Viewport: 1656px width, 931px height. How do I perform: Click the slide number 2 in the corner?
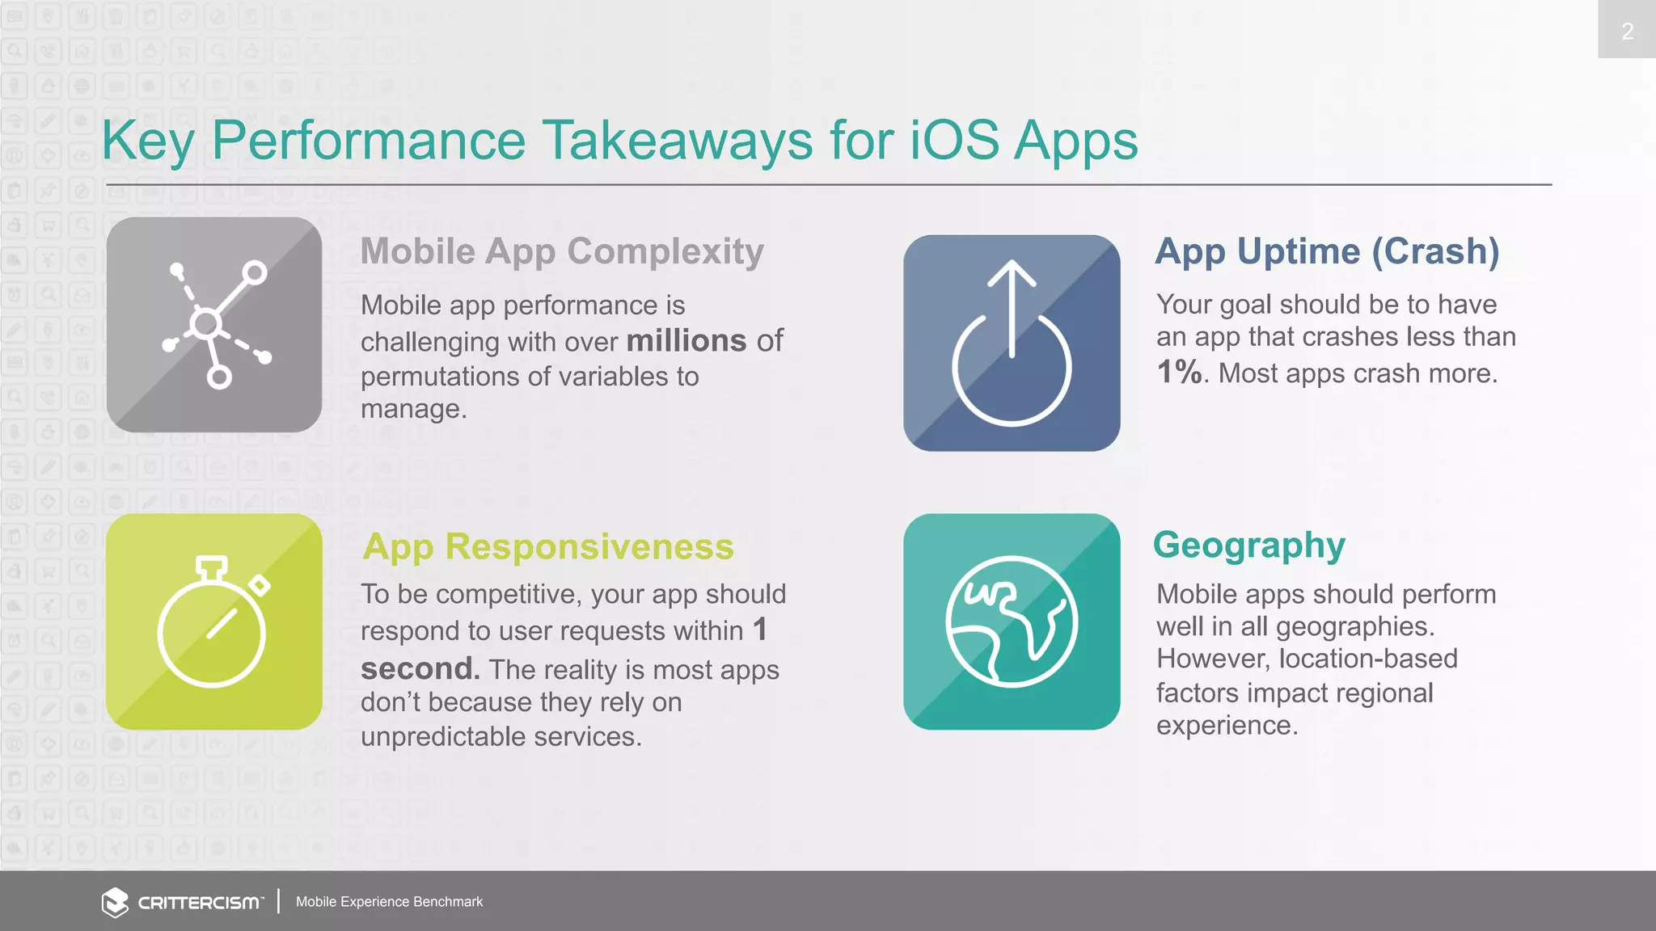tap(1627, 32)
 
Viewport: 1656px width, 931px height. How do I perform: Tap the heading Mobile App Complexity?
tap(562, 251)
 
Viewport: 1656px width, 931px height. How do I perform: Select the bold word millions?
tap(686, 341)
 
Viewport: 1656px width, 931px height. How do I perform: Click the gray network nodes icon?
tap(214, 325)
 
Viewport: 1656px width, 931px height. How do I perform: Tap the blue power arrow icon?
tap(1012, 343)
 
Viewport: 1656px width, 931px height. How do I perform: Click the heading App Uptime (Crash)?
tap(1327, 251)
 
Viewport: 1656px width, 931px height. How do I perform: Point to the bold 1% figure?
tap(1179, 373)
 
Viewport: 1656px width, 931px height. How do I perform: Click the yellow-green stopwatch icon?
tap(214, 621)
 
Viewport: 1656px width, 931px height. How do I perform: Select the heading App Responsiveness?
tap(548, 547)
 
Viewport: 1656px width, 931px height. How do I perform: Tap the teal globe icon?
tap(1012, 621)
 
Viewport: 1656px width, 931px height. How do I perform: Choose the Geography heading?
tap(1249, 546)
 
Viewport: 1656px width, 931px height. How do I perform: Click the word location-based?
tap(1368, 659)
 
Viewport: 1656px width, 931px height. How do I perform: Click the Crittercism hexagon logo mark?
tap(115, 902)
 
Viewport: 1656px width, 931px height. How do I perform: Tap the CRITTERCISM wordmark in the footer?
tap(199, 903)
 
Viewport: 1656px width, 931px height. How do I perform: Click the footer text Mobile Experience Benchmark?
tap(389, 902)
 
